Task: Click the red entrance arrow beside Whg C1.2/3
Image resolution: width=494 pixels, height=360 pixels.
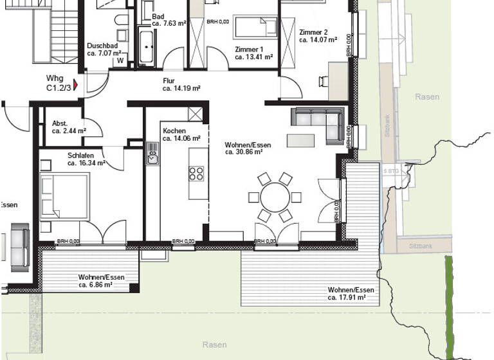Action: coord(75,84)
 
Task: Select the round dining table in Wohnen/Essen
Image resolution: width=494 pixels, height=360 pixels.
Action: coord(276,196)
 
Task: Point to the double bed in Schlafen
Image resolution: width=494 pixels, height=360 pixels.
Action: coord(64,197)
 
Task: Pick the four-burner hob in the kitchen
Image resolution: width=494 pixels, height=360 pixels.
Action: coord(196,174)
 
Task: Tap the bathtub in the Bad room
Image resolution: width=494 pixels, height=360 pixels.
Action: coord(147,46)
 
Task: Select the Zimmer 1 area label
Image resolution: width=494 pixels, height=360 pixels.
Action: coord(253,53)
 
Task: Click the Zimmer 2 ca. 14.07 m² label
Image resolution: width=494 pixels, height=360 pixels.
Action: coord(318,35)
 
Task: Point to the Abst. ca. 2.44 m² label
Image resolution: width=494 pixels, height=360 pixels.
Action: coord(69,127)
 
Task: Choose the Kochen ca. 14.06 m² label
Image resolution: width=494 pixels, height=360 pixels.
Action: coord(181,134)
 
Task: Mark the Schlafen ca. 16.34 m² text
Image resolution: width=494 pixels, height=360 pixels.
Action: coord(86,159)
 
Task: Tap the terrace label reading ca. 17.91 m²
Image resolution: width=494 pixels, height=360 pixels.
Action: coord(351,294)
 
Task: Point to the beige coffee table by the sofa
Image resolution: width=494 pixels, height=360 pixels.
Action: coord(302,139)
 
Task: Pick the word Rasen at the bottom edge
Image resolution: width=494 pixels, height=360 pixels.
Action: coord(214,345)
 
